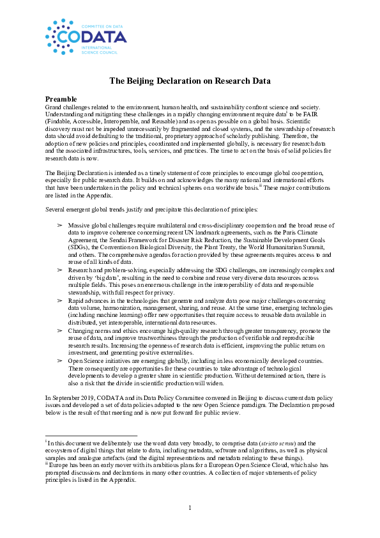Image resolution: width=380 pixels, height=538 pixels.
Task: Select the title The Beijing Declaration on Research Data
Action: [190, 81]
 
